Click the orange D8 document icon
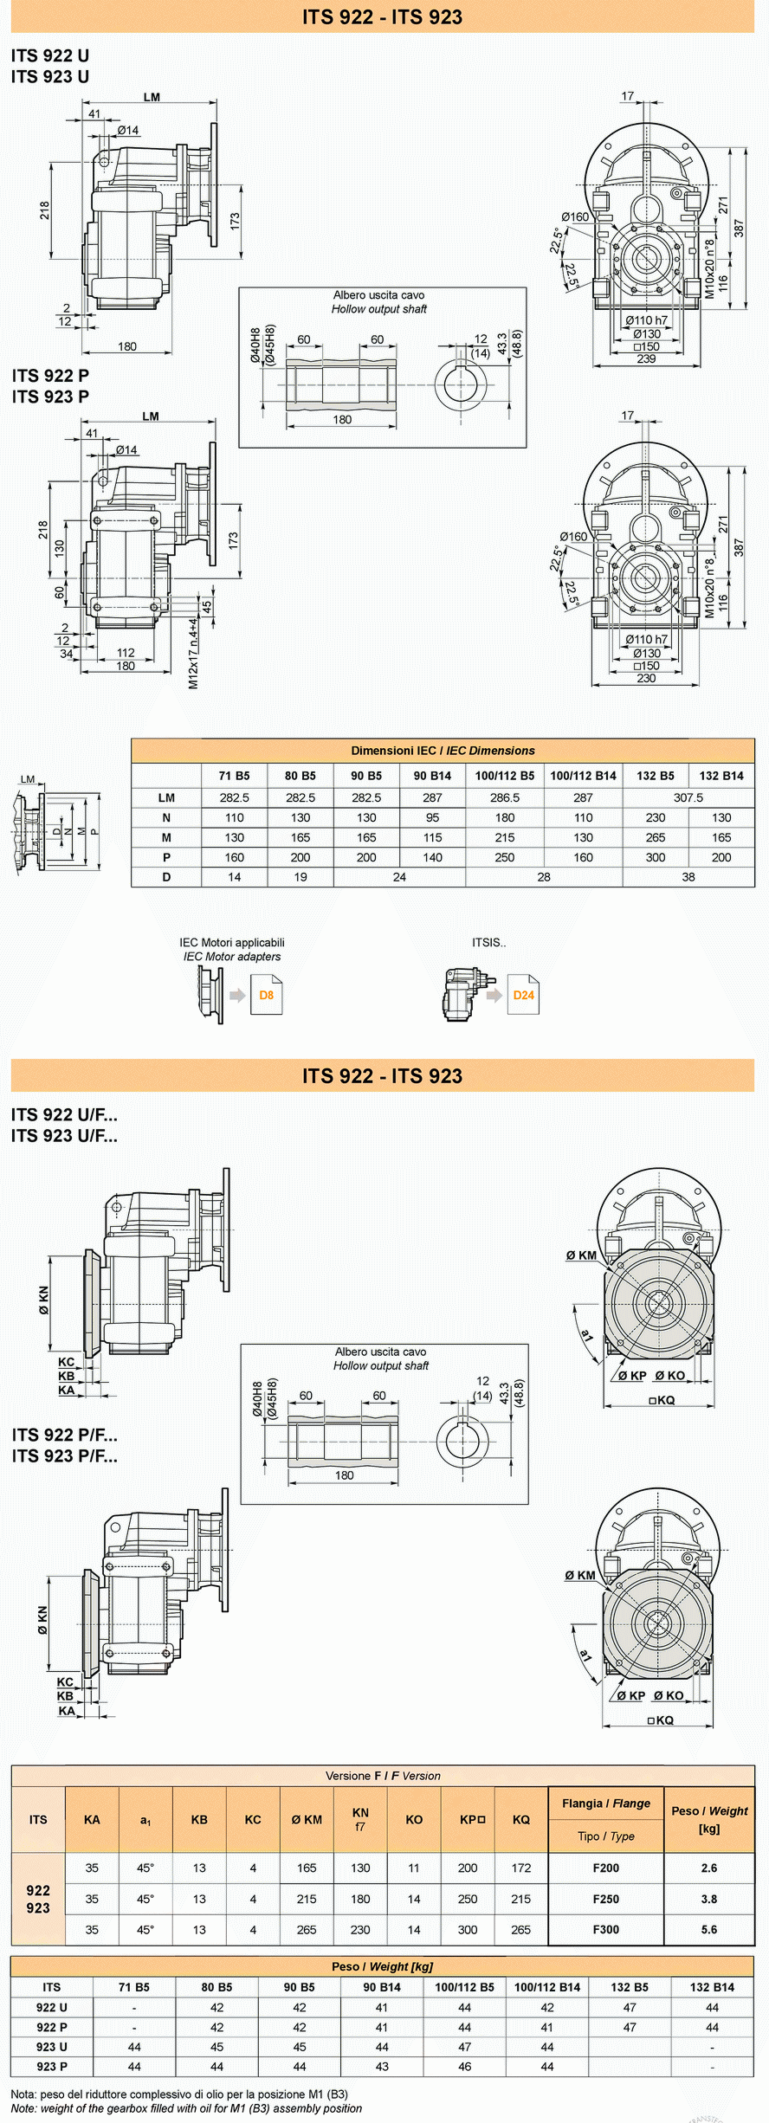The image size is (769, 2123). pyautogui.click(x=267, y=995)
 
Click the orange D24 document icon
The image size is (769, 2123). pyautogui.click(x=523, y=995)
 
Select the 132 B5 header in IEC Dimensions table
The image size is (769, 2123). pyautogui.click(x=656, y=776)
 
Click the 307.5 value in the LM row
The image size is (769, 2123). pyautogui.click(x=688, y=797)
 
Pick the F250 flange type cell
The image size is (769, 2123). pyautogui.click(x=606, y=1899)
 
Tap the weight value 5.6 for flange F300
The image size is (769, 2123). pyautogui.click(x=709, y=1929)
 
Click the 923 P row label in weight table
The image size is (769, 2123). pyautogui.click(x=52, y=2067)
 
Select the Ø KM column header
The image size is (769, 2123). pyautogui.click(x=307, y=1819)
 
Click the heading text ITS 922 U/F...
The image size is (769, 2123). pyautogui.click(x=64, y=1114)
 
